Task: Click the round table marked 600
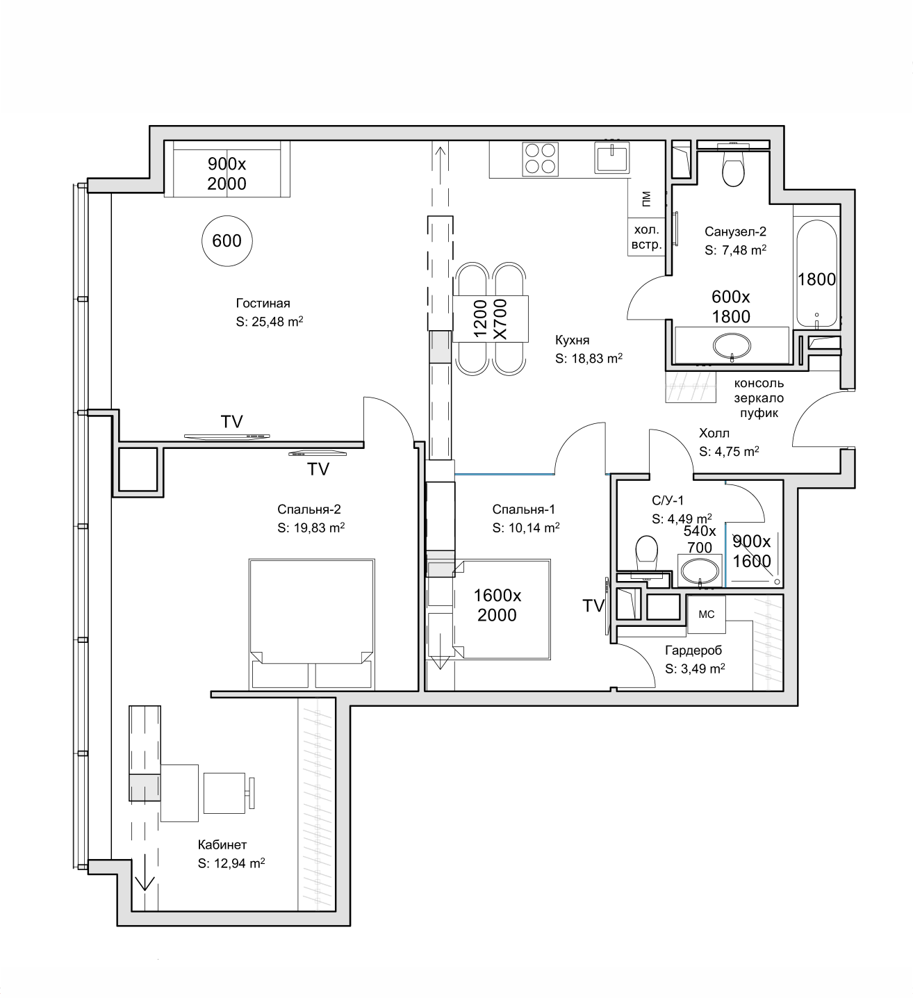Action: click(227, 240)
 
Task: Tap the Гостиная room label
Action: click(263, 303)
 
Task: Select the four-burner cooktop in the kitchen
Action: click(540, 158)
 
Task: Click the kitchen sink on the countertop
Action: click(611, 156)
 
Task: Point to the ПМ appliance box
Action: click(646, 198)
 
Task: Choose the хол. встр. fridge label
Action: click(646, 237)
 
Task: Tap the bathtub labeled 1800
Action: click(816, 272)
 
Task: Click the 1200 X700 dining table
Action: click(491, 319)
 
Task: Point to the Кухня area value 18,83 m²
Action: click(589, 358)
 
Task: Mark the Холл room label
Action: click(714, 433)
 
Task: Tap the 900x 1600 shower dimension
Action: click(752, 550)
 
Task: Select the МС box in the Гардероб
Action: click(706, 614)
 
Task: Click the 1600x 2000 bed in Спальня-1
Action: click(502, 610)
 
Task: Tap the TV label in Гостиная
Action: click(232, 422)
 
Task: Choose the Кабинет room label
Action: click(222, 845)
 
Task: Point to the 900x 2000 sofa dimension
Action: click(227, 174)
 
